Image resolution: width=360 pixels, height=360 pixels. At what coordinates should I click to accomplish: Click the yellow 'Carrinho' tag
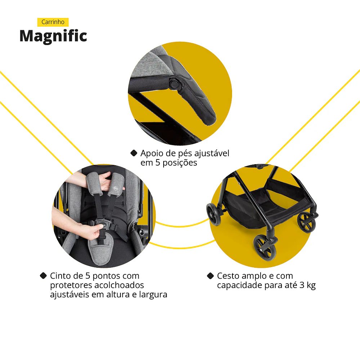tap(53, 22)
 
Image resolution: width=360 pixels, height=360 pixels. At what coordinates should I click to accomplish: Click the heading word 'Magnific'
tap(53, 36)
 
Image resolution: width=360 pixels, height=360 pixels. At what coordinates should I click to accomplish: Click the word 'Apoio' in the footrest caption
tap(151, 153)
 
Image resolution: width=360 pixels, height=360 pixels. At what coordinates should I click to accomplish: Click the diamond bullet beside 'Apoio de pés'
tap(134, 153)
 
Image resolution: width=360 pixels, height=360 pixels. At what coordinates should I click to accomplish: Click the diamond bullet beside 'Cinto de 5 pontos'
tap(43, 276)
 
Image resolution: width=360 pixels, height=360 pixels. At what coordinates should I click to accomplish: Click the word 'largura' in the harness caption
tap(154, 294)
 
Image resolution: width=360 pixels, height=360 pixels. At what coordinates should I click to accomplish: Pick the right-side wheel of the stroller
tap(306, 222)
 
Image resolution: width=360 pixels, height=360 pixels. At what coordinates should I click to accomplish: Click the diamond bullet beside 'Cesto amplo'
tap(210, 276)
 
